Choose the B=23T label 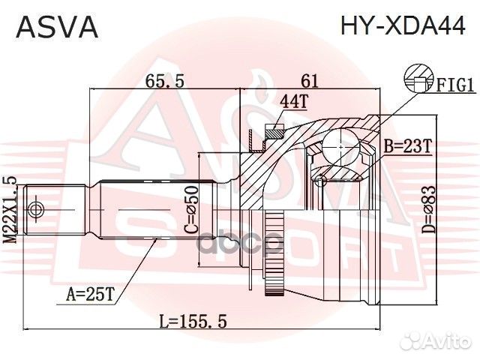point(408,147)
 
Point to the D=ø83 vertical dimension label point(450,212)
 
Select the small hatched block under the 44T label point(274,133)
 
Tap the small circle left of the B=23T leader point(321,180)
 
